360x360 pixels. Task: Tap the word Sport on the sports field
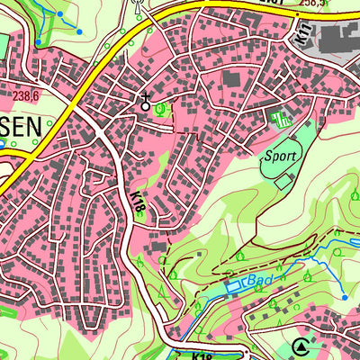click(278, 156)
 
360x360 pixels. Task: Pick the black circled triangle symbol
click(300, 347)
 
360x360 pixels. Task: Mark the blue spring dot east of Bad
click(344, 296)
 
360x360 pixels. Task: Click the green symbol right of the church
click(161, 110)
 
